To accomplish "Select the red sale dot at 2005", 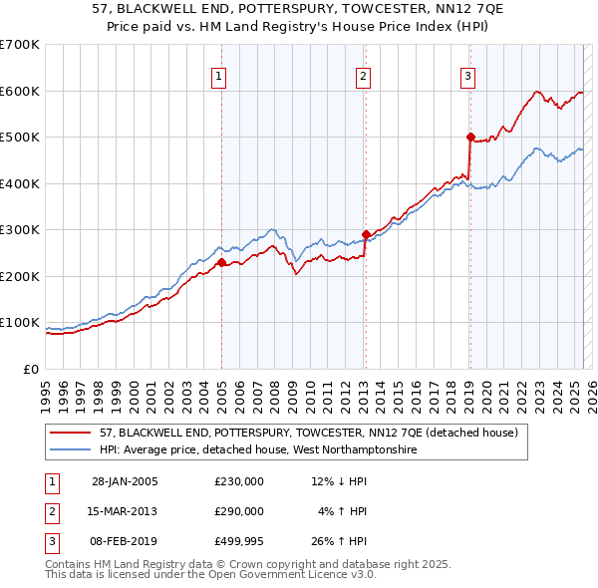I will coord(222,262).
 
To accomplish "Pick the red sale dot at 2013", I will coord(366,234).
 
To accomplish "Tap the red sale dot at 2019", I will coord(470,137).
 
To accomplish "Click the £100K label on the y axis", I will coord(20,323).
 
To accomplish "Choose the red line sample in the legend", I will coord(72,434).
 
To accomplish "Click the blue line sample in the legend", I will coord(72,450).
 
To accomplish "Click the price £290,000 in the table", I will coord(239,511).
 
